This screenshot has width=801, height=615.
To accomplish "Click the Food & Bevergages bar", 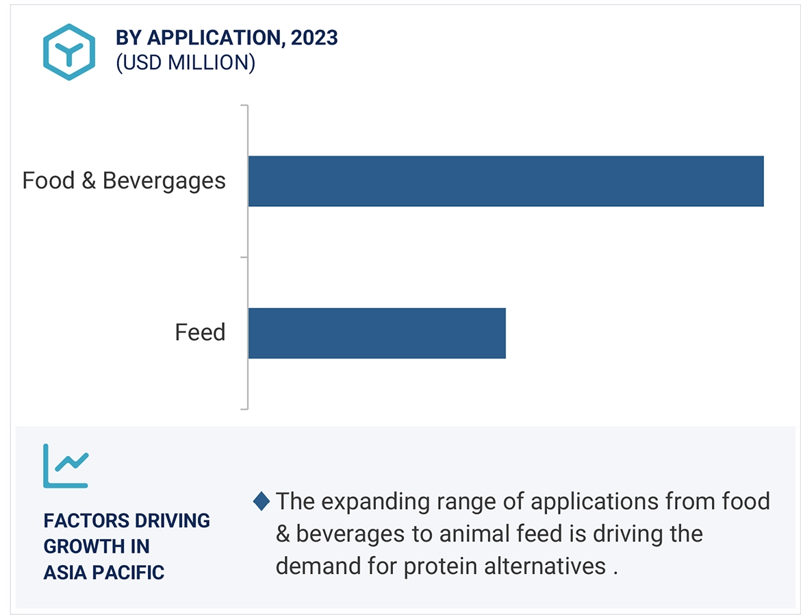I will (505, 181).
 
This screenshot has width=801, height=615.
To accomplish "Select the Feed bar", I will (377, 333).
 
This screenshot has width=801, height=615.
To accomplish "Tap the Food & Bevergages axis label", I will (124, 181).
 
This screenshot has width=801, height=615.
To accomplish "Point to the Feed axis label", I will (200, 333).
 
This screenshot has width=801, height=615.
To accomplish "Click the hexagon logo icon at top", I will (69, 51).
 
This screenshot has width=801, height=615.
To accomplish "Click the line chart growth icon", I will (66, 466).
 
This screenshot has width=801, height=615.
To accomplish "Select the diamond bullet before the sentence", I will (262, 501).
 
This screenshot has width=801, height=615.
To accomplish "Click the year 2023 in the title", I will (314, 38).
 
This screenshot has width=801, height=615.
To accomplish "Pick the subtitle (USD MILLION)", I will (186, 63).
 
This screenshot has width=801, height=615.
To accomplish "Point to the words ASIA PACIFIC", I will (104, 572).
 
